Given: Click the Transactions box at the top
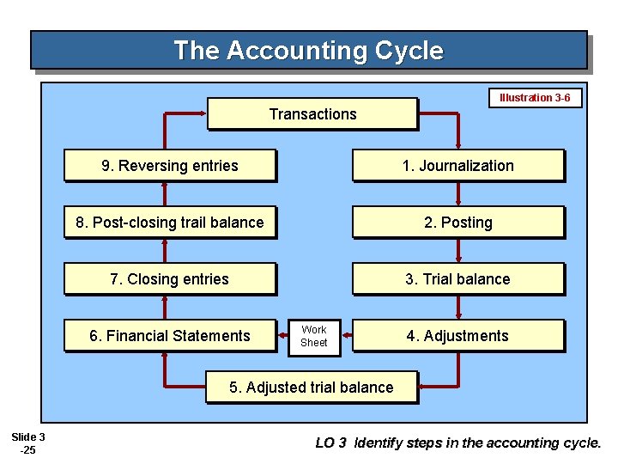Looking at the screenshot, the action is (x=312, y=114).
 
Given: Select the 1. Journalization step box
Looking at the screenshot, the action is (x=458, y=166).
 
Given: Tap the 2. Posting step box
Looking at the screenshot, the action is (x=458, y=223).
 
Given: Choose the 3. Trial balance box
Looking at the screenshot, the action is (x=458, y=279).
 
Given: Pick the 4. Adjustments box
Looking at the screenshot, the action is (x=458, y=336).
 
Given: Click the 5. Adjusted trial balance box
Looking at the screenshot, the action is (x=312, y=388).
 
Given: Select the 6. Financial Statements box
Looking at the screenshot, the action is (x=170, y=336).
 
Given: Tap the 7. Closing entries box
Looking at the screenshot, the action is (x=170, y=279).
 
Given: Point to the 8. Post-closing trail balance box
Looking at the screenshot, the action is (x=170, y=223).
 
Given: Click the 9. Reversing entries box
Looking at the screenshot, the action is (x=170, y=166).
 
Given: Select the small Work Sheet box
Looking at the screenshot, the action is (x=313, y=336).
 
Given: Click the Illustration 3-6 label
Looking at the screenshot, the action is (x=535, y=98).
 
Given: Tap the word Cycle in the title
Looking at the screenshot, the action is (x=409, y=51).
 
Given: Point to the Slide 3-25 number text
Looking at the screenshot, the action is (x=28, y=443).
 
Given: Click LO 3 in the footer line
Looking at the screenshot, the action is (x=330, y=443).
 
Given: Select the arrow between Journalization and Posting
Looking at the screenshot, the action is (x=459, y=194).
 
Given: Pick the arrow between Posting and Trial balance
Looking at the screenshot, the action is (x=459, y=251).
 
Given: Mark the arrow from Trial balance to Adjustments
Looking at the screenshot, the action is (x=459, y=308).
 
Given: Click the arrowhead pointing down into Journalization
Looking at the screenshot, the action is (x=459, y=143).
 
